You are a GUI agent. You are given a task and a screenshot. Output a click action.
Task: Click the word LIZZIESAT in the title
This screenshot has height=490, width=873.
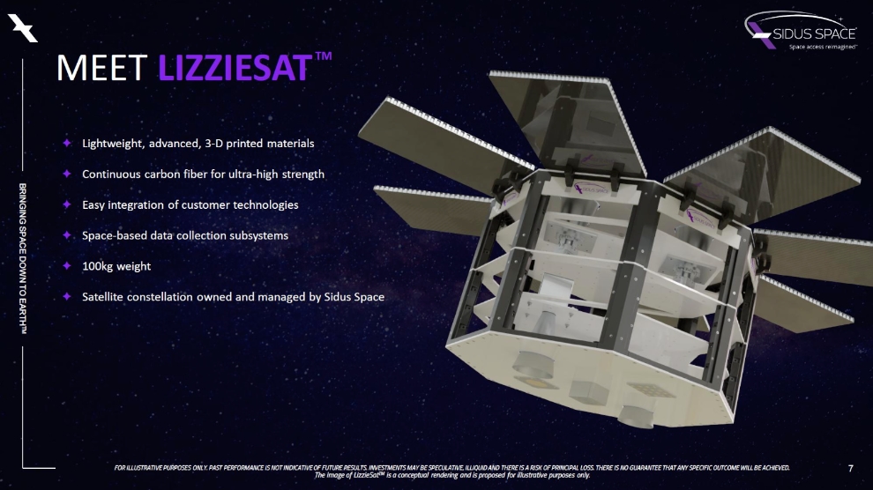pyautogui.click(x=233, y=69)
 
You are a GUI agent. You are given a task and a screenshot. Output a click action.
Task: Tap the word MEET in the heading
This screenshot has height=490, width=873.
pyautogui.click(x=103, y=69)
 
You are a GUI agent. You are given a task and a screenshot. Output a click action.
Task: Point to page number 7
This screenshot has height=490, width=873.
pyautogui.click(x=849, y=468)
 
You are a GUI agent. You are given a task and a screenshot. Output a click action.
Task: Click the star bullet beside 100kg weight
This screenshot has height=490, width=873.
pyautogui.click(x=66, y=265)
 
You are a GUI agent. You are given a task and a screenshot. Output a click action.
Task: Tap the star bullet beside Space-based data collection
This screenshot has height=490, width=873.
pyautogui.click(x=66, y=235)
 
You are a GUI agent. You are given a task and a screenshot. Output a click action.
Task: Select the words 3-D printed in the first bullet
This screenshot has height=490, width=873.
pyautogui.click(x=229, y=143)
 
